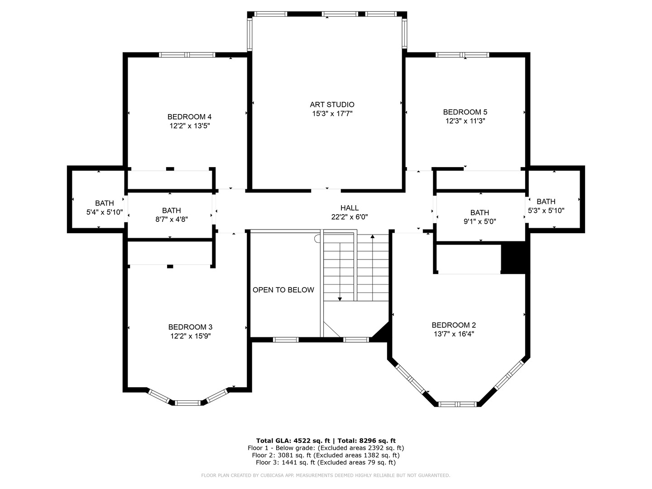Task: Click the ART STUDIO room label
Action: (332, 105)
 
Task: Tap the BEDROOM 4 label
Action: (189, 116)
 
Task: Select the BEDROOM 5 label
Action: (465, 112)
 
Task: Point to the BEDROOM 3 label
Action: (190, 327)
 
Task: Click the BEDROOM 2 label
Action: (454, 325)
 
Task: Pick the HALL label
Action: (349, 208)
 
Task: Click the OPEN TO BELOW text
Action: (283, 290)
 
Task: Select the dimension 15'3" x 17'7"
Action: (332, 114)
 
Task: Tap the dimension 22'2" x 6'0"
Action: (349, 217)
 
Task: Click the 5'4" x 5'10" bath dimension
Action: (105, 212)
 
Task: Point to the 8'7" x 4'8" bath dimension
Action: (171, 219)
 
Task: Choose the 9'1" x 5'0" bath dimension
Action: (479, 221)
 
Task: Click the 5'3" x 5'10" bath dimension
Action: (546, 211)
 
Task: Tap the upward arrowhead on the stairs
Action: (373, 236)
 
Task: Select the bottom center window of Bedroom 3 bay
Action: (187, 403)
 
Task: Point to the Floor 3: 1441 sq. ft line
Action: (326, 462)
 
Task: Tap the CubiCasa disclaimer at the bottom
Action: (326, 475)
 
